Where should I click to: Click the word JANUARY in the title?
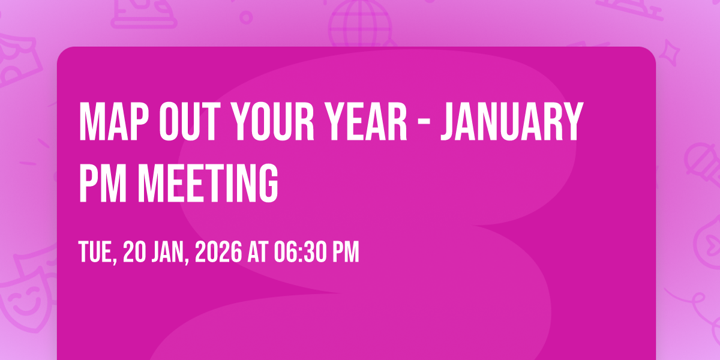(512, 122)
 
